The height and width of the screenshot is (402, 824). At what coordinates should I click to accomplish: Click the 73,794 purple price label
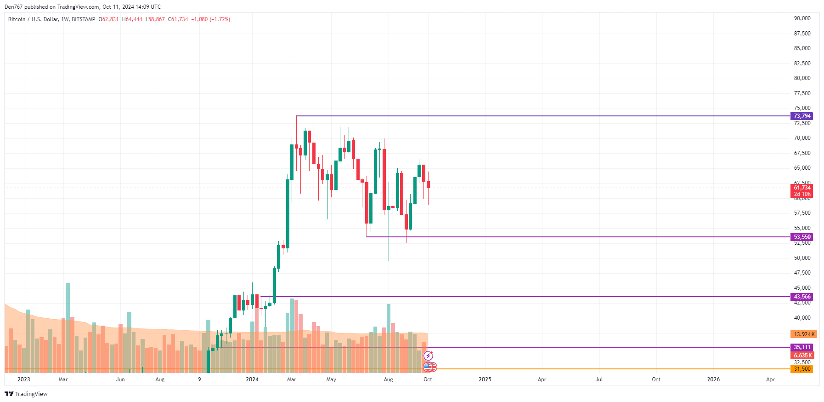[802, 116]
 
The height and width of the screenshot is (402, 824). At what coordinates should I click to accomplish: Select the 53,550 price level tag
[802, 237]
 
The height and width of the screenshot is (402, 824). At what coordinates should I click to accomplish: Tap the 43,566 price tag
[802, 297]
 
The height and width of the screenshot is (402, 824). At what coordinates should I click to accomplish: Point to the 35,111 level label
[802, 347]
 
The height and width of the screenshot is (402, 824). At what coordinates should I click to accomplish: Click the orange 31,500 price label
[802, 369]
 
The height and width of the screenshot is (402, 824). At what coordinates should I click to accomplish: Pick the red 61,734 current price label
[802, 188]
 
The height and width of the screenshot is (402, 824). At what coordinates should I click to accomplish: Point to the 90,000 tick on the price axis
[802, 18]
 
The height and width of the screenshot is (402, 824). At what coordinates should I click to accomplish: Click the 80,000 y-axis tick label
[802, 78]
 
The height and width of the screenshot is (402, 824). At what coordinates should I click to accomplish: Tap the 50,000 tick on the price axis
[802, 258]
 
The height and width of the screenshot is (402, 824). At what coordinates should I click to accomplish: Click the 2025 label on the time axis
[485, 379]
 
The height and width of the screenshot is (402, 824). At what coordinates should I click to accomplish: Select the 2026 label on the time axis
[713, 379]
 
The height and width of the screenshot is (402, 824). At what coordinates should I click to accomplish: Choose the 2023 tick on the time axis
[23, 379]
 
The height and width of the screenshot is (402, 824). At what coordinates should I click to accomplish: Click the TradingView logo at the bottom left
[26, 394]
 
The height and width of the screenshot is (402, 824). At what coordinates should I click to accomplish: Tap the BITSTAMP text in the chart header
[84, 19]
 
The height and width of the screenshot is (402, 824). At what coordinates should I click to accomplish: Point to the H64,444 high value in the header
[132, 19]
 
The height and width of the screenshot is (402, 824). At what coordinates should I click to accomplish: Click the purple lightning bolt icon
[428, 356]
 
